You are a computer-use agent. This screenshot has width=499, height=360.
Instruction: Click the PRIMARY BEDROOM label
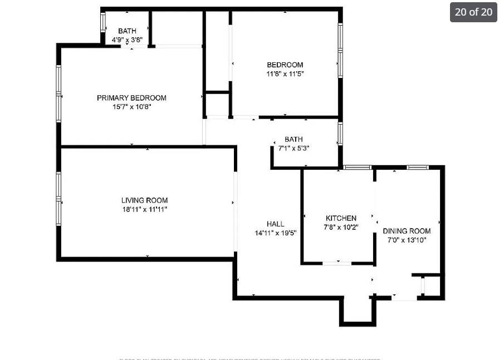click(x=131, y=98)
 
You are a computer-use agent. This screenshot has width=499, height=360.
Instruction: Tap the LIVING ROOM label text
click(x=144, y=200)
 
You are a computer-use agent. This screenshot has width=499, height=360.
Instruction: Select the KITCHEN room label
click(x=341, y=218)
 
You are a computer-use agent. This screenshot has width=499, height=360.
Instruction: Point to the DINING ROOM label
click(x=407, y=231)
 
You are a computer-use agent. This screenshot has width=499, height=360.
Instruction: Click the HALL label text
click(x=275, y=224)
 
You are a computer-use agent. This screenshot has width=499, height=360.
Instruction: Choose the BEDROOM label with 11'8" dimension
click(x=285, y=65)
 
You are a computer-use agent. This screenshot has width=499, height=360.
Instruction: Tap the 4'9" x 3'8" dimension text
click(x=127, y=40)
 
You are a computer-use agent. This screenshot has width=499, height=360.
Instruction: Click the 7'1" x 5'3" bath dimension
click(x=293, y=148)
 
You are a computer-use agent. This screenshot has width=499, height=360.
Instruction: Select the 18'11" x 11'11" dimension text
click(x=144, y=209)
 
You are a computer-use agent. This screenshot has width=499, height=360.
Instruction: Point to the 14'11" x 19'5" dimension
click(x=275, y=233)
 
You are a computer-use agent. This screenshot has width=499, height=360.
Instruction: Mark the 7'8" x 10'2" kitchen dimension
click(x=341, y=227)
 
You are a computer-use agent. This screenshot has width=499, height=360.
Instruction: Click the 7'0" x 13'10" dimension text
click(x=407, y=240)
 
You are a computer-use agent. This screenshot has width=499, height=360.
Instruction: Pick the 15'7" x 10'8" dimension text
click(x=131, y=107)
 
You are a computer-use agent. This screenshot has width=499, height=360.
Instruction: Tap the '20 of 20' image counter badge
click(x=473, y=12)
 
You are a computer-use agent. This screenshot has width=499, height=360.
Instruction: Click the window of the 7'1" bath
click(x=340, y=134)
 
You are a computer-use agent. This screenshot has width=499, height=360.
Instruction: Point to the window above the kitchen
click(x=357, y=167)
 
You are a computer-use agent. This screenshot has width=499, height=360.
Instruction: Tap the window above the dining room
click(x=417, y=167)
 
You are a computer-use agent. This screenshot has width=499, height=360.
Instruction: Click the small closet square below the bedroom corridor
click(x=217, y=104)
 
